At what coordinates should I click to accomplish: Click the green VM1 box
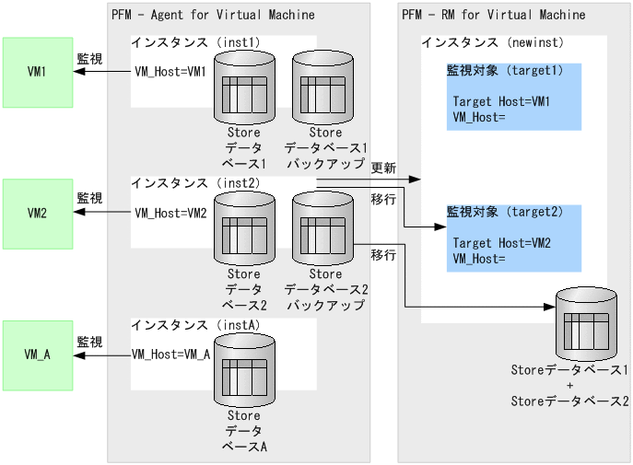coord(38,72)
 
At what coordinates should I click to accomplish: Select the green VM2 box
coord(38,213)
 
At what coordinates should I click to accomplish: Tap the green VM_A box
coord(38,355)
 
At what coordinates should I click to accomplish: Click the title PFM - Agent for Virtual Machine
coord(212,15)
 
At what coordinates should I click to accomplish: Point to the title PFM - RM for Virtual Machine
coord(493,15)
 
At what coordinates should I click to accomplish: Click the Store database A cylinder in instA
coord(244,370)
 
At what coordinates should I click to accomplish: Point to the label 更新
coord(383,169)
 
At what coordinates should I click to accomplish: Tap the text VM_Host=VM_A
coord(171,353)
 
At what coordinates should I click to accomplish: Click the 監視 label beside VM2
coord(89,198)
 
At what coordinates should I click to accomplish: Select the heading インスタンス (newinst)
coord(492,42)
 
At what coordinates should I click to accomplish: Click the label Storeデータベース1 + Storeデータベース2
coord(569,386)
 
